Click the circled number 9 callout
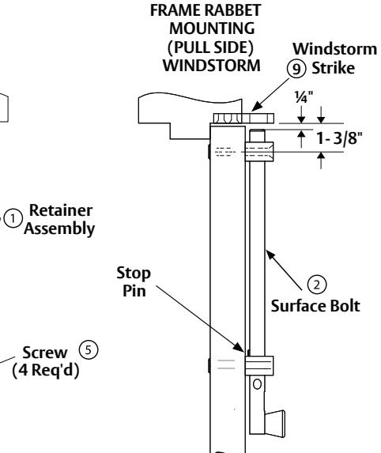point(296,69)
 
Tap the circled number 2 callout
point(317,285)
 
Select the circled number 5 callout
point(89,350)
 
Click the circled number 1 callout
point(13,218)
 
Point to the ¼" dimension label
point(304,97)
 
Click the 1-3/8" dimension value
point(338,138)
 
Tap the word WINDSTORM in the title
point(211,66)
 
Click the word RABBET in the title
point(233,10)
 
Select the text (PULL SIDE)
point(210,47)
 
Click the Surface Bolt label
point(315,306)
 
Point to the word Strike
point(333,68)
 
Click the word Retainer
point(61,210)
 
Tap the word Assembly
point(59,228)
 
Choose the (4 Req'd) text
point(46,370)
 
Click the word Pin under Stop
point(134,290)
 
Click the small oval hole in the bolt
point(257,384)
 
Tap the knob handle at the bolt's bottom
point(275,423)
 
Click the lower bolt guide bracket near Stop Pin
point(259,366)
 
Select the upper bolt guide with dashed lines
point(259,152)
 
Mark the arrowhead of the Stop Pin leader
point(240,348)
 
